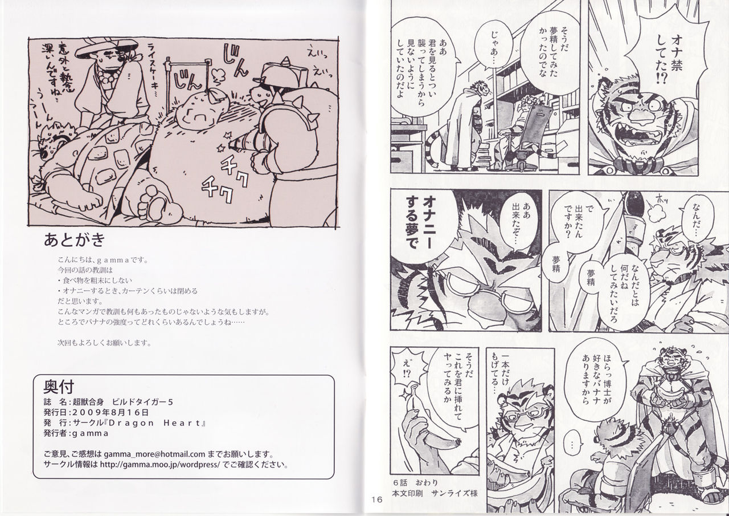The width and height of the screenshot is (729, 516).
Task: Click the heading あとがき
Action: coord(74,240)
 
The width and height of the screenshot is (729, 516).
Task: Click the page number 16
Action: coord(375,500)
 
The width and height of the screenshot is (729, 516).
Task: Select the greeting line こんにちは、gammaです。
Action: coord(97,258)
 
